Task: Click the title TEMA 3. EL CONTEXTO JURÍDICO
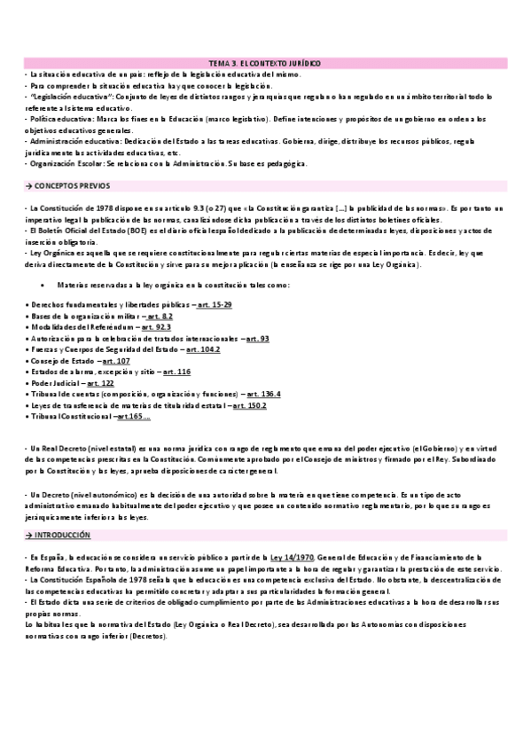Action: pos(264,65)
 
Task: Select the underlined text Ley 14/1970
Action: pos(293,555)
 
